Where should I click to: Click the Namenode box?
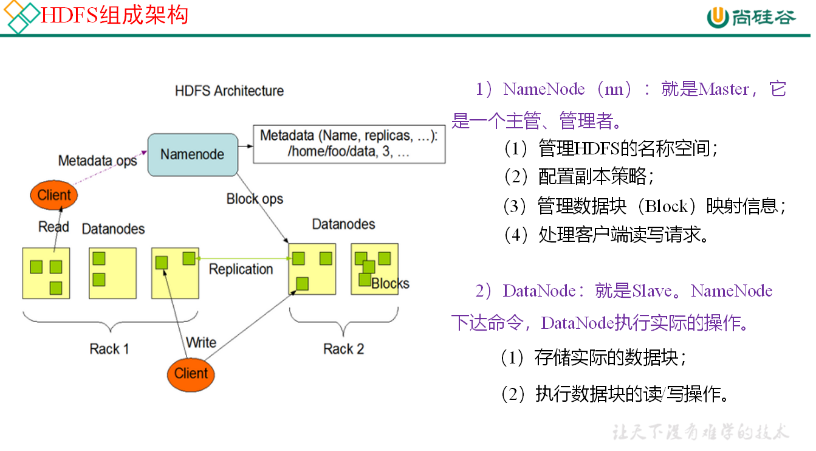click(193, 154)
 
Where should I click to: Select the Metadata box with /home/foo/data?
click(349, 144)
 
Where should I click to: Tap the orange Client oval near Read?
click(54, 195)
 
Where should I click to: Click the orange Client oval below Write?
click(191, 373)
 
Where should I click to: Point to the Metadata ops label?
click(97, 161)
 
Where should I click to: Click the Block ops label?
click(255, 199)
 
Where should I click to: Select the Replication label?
click(241, 269)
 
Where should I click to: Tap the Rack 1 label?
click(109, 349)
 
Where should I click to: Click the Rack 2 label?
click(343, 349)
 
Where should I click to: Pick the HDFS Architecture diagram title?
click(229, 91)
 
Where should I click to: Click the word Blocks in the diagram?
click(390, 283)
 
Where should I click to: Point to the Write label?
click(201, 342)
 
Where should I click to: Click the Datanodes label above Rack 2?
click(343, 224)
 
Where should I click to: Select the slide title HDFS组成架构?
click(114, 15)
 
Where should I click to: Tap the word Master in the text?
click(724, 89)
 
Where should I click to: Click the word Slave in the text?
click(652, 291)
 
